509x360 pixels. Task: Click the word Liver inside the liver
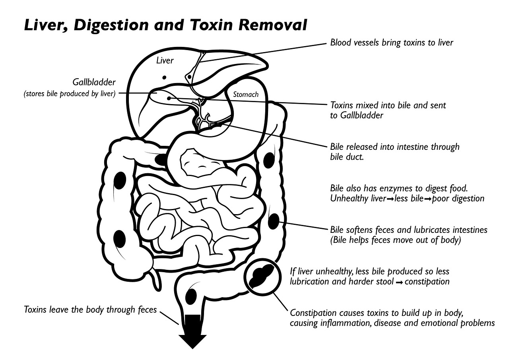coord(165,60)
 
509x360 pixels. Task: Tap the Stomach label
coord(246,95)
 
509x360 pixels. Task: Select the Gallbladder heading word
coord(94,82)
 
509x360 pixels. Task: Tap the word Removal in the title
coord(273,25)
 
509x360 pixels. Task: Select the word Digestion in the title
coord(111,25)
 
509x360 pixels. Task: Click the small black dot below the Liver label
coord(164,77)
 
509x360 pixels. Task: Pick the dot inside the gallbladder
coord(169,98)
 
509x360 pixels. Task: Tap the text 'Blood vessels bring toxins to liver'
coord(392,43)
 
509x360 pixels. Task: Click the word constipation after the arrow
coord(427,282)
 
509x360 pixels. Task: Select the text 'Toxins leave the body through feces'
coord(90,310)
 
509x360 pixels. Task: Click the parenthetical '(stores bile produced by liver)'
coord(70,93)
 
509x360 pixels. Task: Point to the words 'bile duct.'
coord(347,157)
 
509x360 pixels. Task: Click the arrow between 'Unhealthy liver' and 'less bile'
coord(390,199)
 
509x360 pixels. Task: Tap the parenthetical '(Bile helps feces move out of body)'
coord(395,240)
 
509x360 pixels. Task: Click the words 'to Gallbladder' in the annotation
coord(357,115)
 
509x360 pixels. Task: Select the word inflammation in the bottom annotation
coord(346,323)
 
